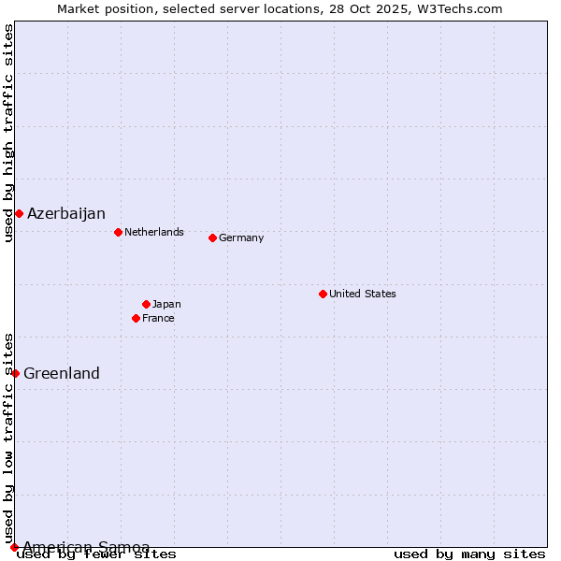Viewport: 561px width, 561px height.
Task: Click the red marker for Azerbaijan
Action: tap(19, 214)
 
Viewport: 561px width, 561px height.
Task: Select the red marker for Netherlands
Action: tap(118, 232)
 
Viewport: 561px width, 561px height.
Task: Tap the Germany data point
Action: tap(212, 237)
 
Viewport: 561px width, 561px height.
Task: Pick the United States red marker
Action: tap(323, 294)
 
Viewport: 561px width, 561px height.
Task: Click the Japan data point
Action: tap(146, 304)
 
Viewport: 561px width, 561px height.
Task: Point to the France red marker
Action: tap(136, 318)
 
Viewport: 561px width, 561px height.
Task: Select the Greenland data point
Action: tap(15, 373)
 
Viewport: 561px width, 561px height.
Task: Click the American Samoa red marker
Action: tap(14, 547)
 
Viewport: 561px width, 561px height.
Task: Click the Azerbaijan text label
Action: tap(66, 214)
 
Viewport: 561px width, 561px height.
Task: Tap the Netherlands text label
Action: tap(154, 232)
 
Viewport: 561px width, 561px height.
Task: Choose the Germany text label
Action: tap(241, 237)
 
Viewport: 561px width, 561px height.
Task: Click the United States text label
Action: tap(363, 294)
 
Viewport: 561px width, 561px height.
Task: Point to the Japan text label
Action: tap(166, 304)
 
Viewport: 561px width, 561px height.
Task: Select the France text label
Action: tap(158, 318)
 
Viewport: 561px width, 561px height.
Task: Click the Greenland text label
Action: tap(62, 374)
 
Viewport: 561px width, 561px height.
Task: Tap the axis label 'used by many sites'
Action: tap(469, 554)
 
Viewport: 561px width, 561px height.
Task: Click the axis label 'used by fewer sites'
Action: tap(97, 554)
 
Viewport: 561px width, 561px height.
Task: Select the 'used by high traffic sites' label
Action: tap(8, 133)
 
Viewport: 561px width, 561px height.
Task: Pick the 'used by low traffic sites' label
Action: tap(8, 438)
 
